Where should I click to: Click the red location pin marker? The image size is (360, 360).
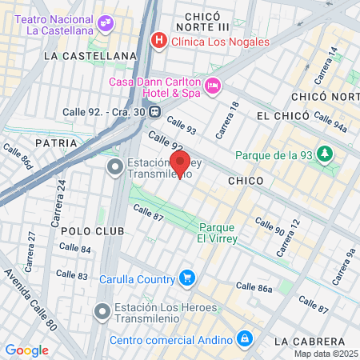coord(180,162)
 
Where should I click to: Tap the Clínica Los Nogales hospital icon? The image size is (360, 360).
coord(158,39)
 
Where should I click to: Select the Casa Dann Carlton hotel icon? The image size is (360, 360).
coord(213,86)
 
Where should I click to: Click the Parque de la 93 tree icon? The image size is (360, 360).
coord(324,154)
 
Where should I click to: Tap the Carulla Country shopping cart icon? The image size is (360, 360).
coord(187,278)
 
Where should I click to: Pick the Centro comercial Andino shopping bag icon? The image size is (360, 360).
coord(245,340)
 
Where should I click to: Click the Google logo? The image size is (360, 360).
coord(26,350)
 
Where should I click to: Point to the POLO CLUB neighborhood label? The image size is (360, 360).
coord(92,230)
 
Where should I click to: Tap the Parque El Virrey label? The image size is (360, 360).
coord(218,232)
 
